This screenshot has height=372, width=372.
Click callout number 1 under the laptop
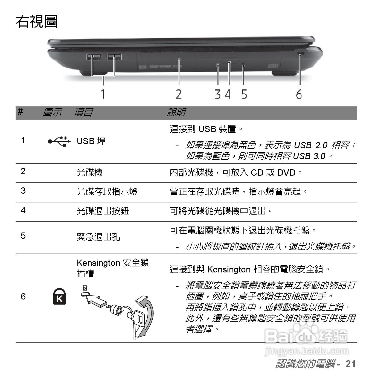[x=103, y=94]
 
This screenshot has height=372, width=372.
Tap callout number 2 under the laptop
[x=179, y=94]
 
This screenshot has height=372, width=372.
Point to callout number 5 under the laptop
[x=244, y=94]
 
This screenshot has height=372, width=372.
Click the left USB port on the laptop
[x=94, y=57]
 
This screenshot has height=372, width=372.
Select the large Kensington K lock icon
[x=59, y=297]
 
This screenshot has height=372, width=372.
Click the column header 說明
[x=176, y=112]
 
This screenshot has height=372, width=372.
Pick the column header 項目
[x=83, y=112]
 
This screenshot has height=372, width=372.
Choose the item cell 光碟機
[x=89, y=173]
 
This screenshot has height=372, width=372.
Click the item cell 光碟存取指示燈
[x=107, y=191]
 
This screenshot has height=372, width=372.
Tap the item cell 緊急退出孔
[x=98, y=237]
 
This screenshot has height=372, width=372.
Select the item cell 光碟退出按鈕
[x=103, y=211]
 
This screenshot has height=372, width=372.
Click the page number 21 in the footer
[x=350, y=364]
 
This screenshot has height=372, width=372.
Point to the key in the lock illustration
[x=138, y=319]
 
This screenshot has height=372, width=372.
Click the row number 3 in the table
[x=23, y=191]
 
